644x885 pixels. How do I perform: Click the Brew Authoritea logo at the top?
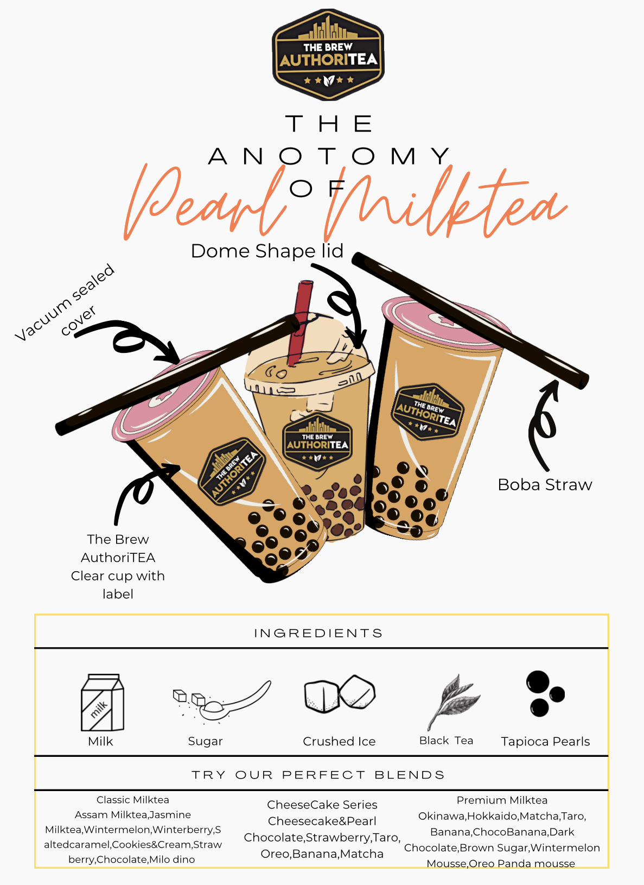click(328, 54)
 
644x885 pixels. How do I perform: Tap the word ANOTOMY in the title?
click(329, 156)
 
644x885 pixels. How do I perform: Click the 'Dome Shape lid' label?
click(267, 251)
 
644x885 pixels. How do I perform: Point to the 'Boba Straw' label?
click(545, 485)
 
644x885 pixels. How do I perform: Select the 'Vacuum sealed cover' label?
click(65, 302)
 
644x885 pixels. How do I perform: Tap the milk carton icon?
click(102, 702)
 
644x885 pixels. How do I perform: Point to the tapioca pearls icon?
click(545, 694)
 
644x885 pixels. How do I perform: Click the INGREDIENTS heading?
click(318, 633)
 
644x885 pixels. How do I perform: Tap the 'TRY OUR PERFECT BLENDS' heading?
click(318, 775)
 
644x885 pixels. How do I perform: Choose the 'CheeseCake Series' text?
click(322, 805)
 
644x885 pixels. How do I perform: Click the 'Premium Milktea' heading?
click(502, 800)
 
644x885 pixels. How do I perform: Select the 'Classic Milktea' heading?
click(133, 800)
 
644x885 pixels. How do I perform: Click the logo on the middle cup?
click(317, 442)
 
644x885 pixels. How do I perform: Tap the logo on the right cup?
click(427, 412)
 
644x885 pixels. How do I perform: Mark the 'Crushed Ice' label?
click(339, 741)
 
